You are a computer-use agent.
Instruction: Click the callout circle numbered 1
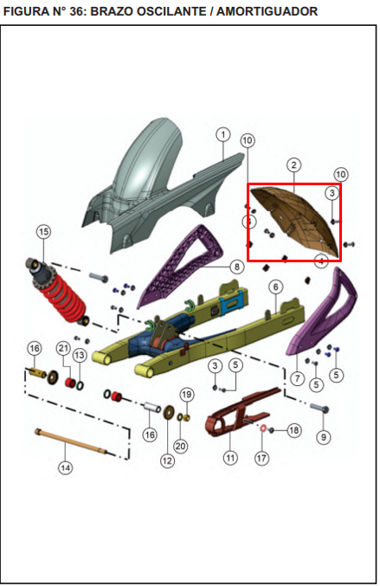pyautogui.click(x=223, y=134)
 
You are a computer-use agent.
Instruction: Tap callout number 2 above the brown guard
pyautogui.click(x=293, y=164)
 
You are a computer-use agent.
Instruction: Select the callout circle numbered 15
pyautogui.click(x=44, y=232)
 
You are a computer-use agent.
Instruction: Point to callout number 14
pyautogui.click(x=66, y=467)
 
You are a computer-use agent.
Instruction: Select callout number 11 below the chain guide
pyautogui.click(x=230, y=457)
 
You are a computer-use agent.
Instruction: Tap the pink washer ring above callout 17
pyautogui.click(x=262, y=428)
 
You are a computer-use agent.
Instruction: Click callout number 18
pyautogui.click(x=294, y=430)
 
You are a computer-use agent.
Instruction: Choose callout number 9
pyautogui.click(x=324, y=436)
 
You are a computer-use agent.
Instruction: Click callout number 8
pyautogui.click(x=237, y=267)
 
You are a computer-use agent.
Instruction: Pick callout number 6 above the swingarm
pyautogui.click(x=276, y=287)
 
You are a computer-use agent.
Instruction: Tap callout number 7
pyautogui.click(x=298, y=378)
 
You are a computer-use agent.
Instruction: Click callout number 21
pyautogui.click(x=63, y=349)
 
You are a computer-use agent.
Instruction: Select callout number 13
pyautogui.click(x=80, y=355)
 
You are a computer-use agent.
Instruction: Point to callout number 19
pyautogui.click(x=186, y=395)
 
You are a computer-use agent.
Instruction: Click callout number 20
pyautogui.click(x=180, y=446)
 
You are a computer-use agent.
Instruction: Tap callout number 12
pyautogui.click(x=167, y=460)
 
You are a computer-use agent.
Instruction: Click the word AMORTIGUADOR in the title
pyautogui.click(x=267, y=11)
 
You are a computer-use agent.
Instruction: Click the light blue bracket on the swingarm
pyautogui.click(x=233, y=304)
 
